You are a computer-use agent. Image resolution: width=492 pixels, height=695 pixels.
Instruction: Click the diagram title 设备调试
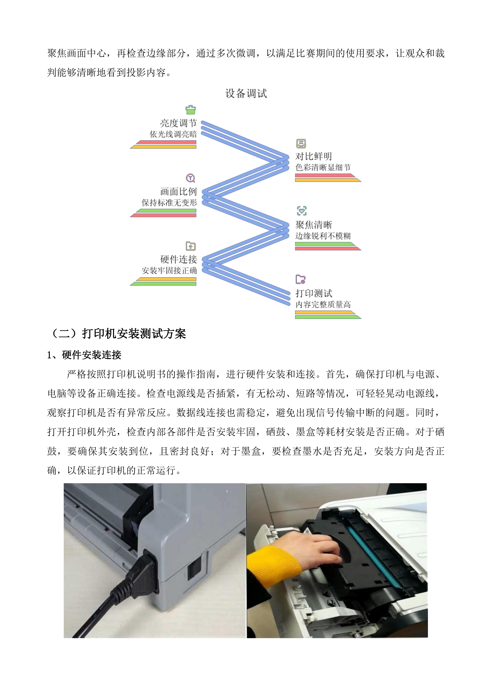point(246,94)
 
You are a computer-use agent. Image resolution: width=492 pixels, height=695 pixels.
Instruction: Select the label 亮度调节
point(178,123)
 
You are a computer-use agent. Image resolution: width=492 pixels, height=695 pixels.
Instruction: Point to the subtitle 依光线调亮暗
point(173,134)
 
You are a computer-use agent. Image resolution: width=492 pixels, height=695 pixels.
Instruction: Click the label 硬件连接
point(178,259)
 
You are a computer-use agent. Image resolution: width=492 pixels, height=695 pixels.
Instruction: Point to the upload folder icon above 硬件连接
point(191,246)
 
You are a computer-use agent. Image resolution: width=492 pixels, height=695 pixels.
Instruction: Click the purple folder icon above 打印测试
point(300,279)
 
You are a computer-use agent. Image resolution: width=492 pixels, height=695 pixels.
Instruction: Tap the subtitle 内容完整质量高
point(323,304)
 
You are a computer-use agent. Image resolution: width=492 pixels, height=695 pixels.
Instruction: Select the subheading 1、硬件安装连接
point(84,355)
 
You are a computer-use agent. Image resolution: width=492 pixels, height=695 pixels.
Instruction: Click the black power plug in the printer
point(142,572)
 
